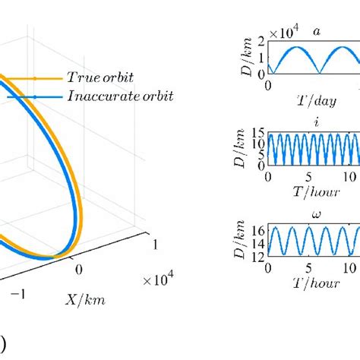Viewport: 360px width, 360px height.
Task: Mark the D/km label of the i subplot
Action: (x=242, y=150)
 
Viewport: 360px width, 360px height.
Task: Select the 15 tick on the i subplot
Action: (x=258, y=133)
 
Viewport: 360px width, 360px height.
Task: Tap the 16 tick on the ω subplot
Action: (x=258, y=227)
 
